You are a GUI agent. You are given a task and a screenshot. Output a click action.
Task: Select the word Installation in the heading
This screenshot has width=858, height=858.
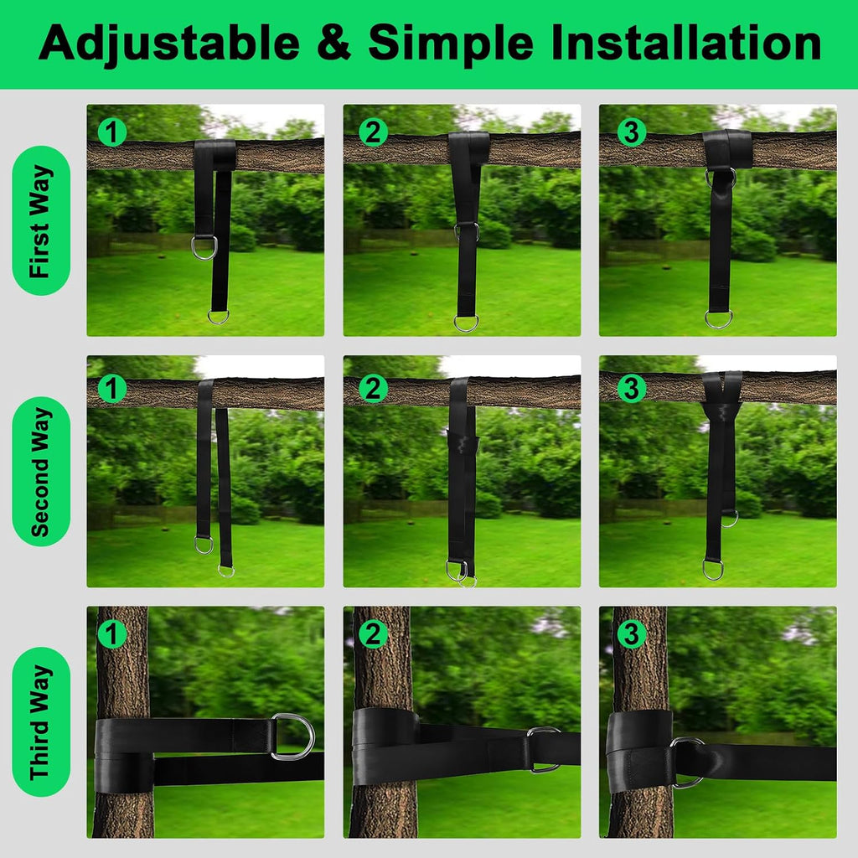(686, 42)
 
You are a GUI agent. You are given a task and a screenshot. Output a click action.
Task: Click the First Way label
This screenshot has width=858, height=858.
(41, 220)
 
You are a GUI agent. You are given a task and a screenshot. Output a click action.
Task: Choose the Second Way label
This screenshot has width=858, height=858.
(41, 471)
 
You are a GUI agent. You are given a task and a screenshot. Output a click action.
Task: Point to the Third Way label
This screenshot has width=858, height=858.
(41, 721)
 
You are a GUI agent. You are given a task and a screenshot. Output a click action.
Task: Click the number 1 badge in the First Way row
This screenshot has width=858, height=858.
(112, 132)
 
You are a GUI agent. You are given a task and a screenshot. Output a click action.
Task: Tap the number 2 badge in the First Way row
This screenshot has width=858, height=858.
(373, 132)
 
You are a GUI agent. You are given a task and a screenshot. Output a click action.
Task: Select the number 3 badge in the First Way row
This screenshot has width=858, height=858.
(632, 132)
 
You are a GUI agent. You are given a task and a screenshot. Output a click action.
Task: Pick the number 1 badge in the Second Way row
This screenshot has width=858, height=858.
(112, 389)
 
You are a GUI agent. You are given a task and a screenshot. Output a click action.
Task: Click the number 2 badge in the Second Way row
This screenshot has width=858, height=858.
(373, 389)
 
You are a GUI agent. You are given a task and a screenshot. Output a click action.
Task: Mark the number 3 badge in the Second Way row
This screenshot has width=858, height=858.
(632, 389)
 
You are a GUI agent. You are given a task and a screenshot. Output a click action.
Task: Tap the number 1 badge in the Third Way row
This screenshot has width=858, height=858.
(112, 633)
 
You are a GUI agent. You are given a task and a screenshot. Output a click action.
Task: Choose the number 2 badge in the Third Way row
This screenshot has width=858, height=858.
(373, 633)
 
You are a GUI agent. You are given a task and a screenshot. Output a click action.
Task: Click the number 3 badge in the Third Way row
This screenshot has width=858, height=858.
(632, 633)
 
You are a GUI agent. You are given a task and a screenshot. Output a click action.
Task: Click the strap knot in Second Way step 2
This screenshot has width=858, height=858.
(463, 441)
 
